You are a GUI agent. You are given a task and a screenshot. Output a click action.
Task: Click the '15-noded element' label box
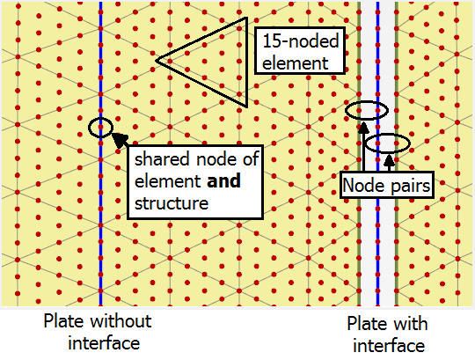300,50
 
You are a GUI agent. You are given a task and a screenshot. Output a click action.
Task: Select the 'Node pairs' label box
387,185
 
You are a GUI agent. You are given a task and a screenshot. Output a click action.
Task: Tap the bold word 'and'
223,180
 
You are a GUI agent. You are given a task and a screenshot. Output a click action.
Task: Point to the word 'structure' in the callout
172,203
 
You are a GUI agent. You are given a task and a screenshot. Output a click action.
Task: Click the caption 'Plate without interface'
98,332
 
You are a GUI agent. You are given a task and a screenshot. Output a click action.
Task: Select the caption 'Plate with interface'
387,334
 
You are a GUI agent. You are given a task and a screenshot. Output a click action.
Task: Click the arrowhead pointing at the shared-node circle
119,139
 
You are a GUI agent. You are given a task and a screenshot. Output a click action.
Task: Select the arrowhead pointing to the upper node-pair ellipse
363,128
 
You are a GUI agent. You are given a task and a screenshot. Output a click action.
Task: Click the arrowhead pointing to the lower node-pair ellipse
390,160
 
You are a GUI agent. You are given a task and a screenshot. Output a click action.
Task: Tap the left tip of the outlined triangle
157,61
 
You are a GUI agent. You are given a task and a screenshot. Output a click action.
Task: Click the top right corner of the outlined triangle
247,18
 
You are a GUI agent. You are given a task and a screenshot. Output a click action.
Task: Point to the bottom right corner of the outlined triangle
247,107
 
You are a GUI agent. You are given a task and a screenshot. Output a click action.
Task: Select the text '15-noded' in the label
300,40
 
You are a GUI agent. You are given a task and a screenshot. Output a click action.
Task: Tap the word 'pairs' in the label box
411,186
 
